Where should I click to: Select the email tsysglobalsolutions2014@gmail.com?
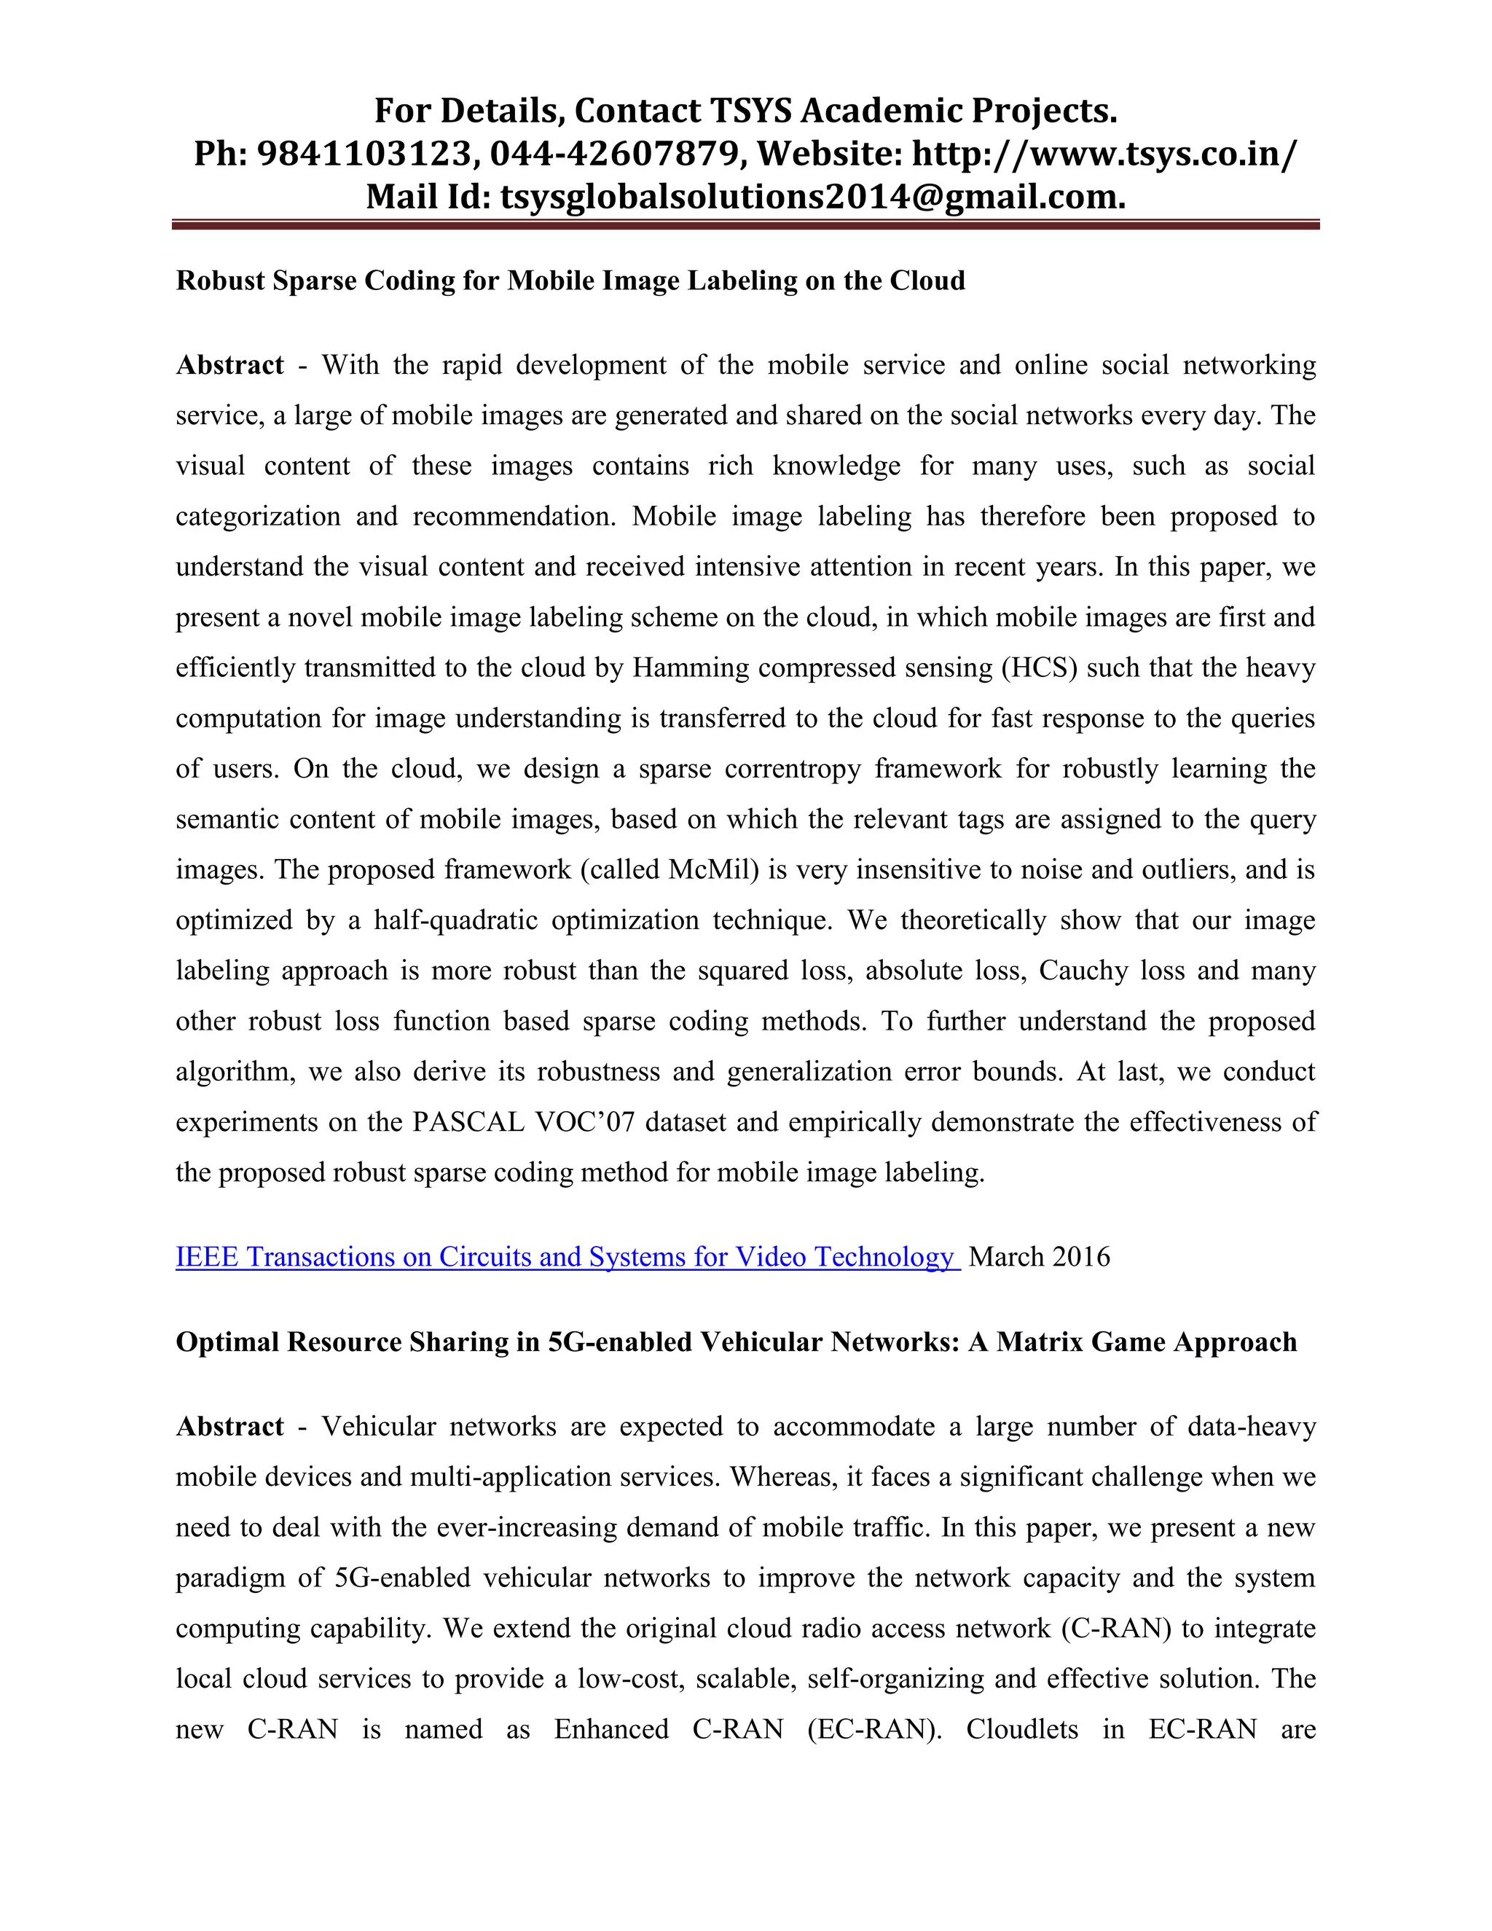click(812, 196)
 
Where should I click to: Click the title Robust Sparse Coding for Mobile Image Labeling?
click(570, 281)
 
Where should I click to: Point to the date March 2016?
click(1040, 1256)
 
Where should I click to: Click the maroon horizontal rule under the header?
click(745, 225)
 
